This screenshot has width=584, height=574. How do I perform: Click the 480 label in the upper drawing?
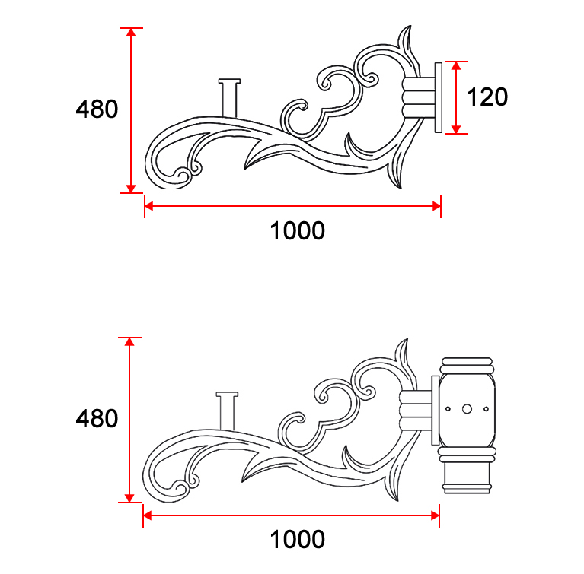97,109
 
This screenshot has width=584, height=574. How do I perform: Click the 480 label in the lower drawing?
97,418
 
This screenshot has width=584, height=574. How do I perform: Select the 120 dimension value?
487,97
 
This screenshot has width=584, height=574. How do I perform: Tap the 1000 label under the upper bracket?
297,230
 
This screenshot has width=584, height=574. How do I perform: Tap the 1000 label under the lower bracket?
297,539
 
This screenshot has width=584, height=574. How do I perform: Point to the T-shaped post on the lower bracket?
227,411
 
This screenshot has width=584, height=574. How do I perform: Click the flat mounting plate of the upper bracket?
438,97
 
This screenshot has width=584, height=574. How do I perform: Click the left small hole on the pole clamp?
448,409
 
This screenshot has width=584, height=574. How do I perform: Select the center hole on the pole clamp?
467,409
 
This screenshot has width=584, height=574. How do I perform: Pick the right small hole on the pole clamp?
485,409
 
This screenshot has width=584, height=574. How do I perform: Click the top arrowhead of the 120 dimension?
455,66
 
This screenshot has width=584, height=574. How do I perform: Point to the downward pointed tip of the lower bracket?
394,498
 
